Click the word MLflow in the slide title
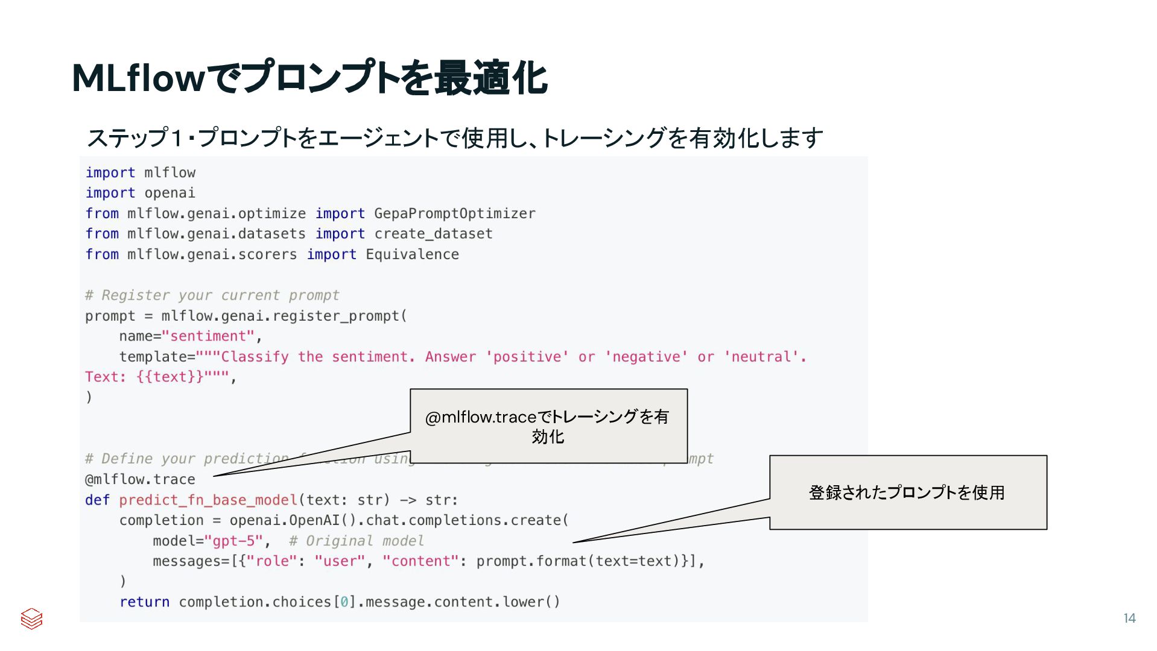click(x=139, y=79)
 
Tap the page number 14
click(x=1129, y=618)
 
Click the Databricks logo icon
click(x=31, y=618)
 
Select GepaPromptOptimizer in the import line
click(x=454, y=214)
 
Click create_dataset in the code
click(x=433, y=234)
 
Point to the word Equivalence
click(x=412, y=254)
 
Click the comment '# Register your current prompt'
click(x=212, y=295)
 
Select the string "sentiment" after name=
click(x=208, y=336)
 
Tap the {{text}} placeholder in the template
click(x=170, y=377)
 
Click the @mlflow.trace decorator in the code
click(x=140, y=480)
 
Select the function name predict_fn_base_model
click(x=208, y=500)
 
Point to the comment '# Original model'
click(x=356, y=541)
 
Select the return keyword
click(x=144, y=602)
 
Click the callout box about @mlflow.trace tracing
click(x=548, y=426)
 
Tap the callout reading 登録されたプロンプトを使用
click(x=907, y=492)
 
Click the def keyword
click(x=97, y=500)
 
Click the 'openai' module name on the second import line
click(x=170, y=193)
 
